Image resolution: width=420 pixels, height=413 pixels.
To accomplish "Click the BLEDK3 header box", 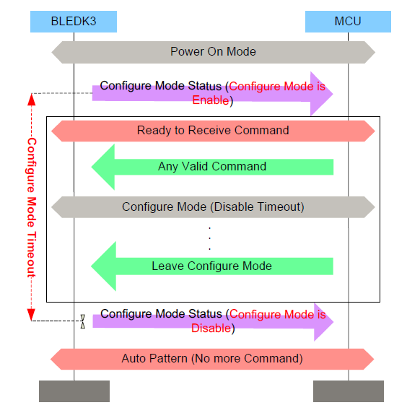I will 73,21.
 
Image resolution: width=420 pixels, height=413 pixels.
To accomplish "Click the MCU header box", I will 348,21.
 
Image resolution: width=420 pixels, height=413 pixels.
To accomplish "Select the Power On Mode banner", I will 213,52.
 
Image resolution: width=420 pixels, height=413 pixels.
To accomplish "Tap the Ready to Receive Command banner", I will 213,131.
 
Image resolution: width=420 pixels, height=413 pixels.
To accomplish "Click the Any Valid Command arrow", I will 212,167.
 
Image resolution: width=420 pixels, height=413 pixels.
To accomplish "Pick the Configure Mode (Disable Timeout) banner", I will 213,207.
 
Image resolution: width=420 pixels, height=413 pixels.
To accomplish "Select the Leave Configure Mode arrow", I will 212,266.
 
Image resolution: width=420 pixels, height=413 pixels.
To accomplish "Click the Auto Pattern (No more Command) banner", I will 212,359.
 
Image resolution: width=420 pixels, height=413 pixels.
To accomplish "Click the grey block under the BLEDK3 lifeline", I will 74,391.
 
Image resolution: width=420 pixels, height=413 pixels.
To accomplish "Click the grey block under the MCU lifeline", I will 348,391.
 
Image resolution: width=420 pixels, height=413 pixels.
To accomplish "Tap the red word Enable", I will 211,101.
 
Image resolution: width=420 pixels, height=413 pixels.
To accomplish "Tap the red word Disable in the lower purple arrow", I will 210,329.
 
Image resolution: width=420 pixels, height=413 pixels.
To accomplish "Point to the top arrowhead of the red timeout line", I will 31,98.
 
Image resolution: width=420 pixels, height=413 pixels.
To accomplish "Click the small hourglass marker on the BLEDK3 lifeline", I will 83,321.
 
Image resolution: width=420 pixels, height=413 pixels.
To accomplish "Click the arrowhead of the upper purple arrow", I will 322,93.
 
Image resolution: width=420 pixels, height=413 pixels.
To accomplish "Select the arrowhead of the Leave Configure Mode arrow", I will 104,266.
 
